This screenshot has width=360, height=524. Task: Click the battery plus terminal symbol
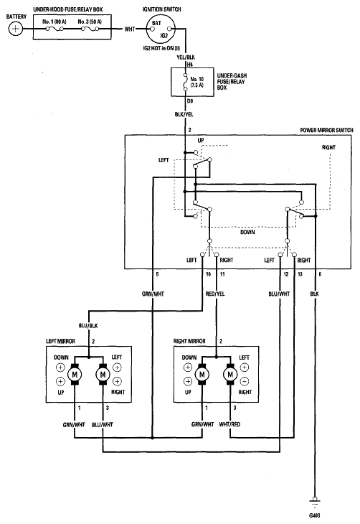(15, 29)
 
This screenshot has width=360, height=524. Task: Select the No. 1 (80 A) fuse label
(54, 22)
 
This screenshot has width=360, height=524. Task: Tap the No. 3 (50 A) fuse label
(90, 22)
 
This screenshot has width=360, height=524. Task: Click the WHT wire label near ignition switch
(130, 29)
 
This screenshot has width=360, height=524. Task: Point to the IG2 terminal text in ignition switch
(164, 36)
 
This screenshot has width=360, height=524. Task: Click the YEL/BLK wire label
(186, 57)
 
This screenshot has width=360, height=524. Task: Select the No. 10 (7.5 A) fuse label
(197, 83)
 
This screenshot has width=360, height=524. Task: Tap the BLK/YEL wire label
(184, 114)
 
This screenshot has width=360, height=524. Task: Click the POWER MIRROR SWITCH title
(326, 130)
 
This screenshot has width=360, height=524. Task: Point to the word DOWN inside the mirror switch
(247, 232)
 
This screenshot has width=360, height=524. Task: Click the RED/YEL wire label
(215, 294)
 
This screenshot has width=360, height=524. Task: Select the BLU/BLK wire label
(88, 325)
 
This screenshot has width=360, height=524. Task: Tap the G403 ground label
(315, 515)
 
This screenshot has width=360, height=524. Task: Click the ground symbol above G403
(314, 501)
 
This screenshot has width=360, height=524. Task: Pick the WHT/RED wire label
(229, 424)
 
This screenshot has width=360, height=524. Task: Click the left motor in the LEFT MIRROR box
(75, 375)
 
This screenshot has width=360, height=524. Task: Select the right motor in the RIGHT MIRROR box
(230, 375)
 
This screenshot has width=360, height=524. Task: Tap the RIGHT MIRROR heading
(189, 341)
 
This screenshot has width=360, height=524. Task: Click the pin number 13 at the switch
(300, 274)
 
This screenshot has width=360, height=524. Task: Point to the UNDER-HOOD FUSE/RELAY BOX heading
(68, 10)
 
